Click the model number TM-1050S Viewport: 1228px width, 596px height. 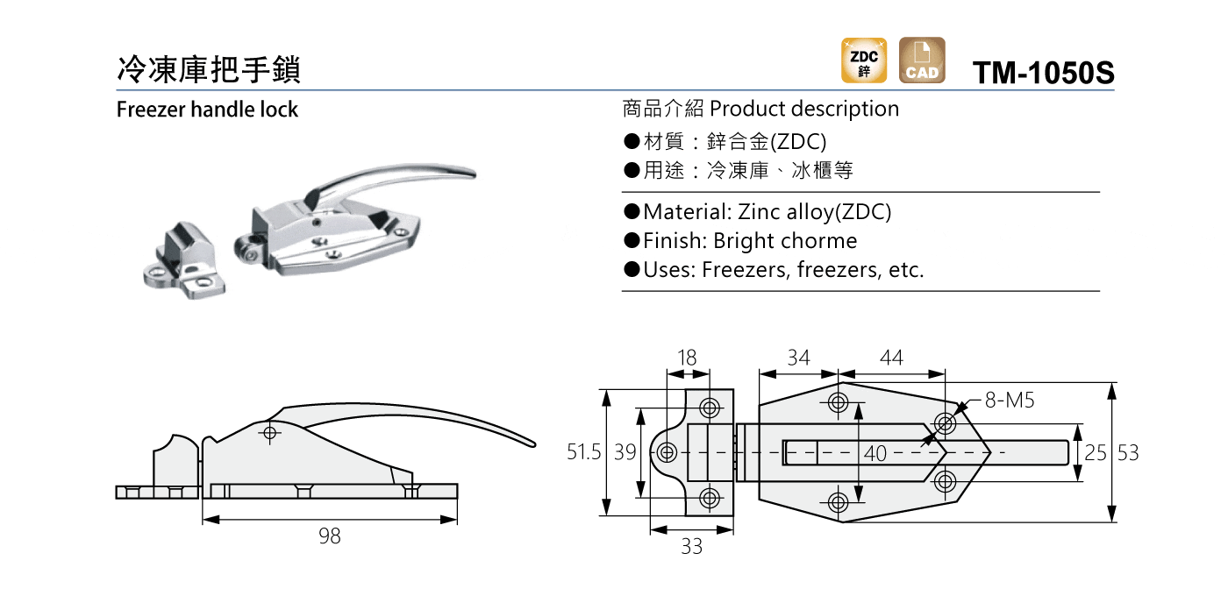[1043, 72]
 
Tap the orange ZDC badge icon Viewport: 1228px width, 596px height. [864, 60]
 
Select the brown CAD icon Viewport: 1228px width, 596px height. [922, 60]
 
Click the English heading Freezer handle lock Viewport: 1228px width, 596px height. [207, 109]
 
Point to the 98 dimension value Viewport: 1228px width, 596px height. [330, 536]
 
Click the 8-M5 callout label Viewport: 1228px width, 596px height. [1010, 401]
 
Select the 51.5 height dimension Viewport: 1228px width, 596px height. [583, 452]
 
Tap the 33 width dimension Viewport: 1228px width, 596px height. [692, 546]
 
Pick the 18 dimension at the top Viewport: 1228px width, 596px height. [686, 358]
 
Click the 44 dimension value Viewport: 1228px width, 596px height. [891, 358]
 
